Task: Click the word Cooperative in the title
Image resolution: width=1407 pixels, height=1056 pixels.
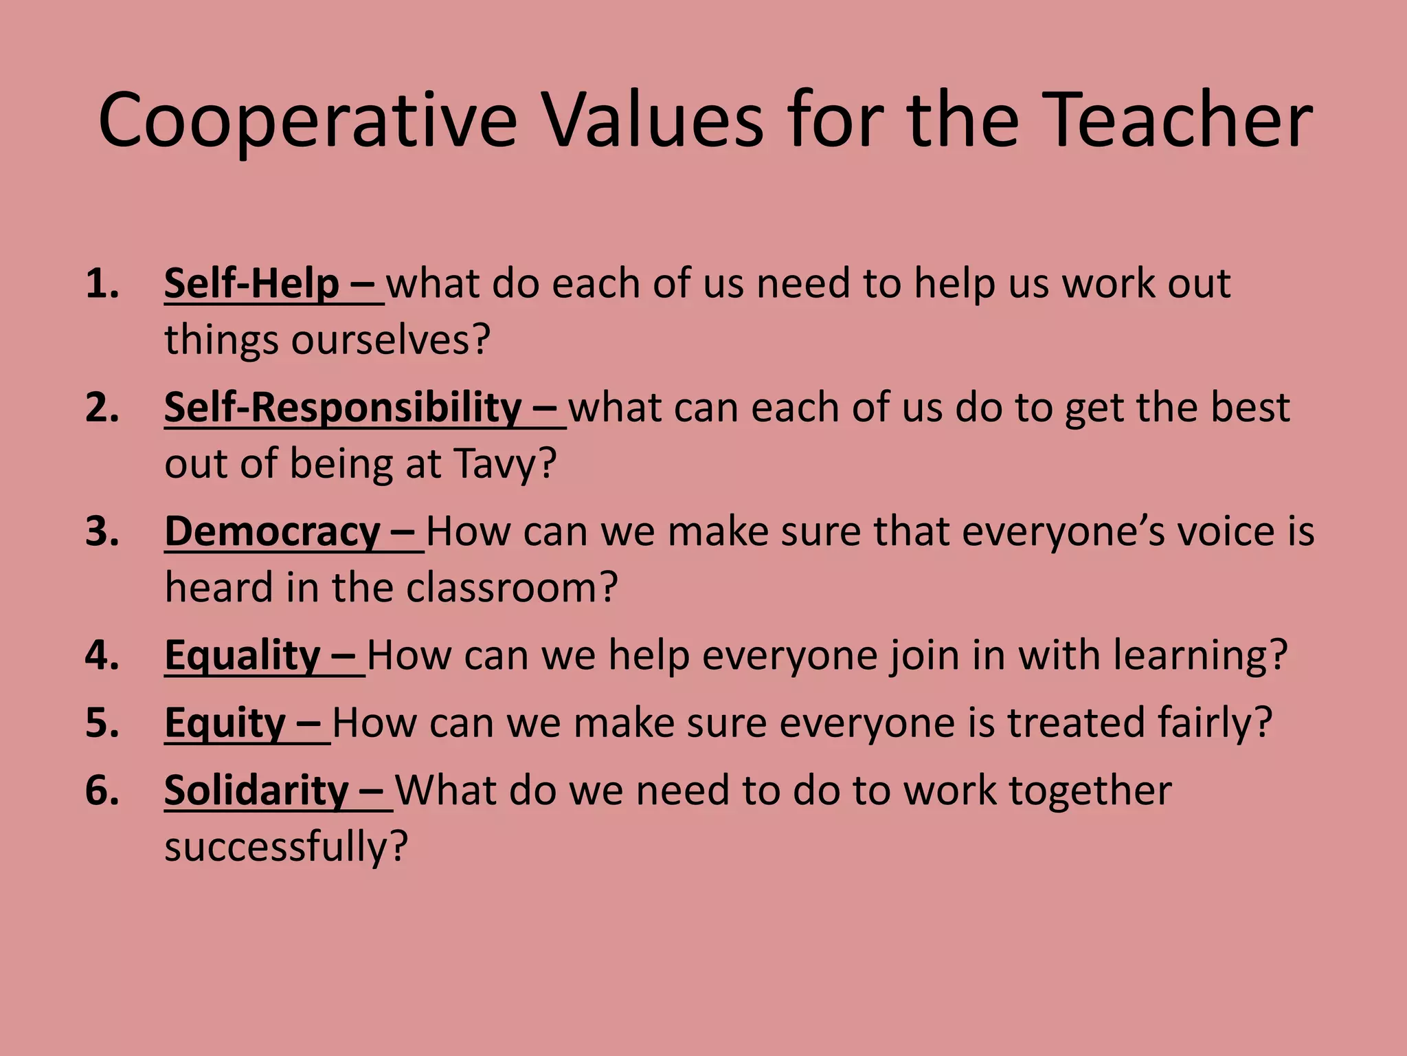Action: [307, 120]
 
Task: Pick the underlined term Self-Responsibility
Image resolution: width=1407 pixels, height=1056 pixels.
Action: [343, 407]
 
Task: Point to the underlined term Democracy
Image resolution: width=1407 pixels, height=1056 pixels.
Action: [273, 531]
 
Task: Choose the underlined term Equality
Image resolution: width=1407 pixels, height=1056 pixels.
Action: [243, 654]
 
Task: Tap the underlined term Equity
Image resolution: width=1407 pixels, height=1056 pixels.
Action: [225, 723]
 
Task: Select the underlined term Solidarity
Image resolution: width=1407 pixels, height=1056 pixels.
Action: [256, 790]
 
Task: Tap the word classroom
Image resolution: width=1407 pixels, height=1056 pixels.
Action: [511, 588]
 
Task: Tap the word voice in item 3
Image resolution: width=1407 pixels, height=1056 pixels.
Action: [1226, 531]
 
